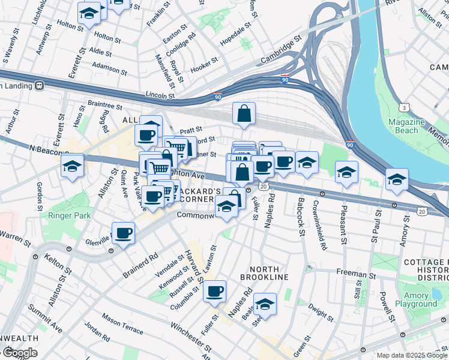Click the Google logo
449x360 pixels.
pyautogui.click(x=19, y=353)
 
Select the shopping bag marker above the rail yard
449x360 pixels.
pyautogui.click(x=244, y=113)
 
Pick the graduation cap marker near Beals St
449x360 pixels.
pyautogui.click(x=265, y=305)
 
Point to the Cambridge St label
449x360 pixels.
pyautogui.click(x=281, y=52)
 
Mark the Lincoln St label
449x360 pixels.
pyautogui.click(x=160, y=95)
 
